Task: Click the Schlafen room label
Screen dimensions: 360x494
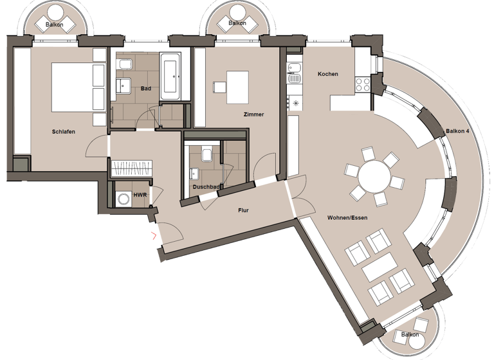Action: click(x=64, y=132)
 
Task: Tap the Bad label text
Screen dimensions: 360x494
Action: click(x=146, y=89)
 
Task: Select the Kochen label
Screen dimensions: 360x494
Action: click(x=327, y=74)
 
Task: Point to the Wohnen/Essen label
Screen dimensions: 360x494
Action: click(x=347, y=217)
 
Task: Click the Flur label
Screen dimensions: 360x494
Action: click(x=243, y=210)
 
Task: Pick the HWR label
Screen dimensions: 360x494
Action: click(x=139, y=194)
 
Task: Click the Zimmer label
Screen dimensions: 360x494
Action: click(x=253, y=114)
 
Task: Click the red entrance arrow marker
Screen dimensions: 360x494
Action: click(x=153, y=235)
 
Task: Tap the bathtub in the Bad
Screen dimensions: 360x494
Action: click(x=170, y=76)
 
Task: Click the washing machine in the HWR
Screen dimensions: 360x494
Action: click(x=122, y=199)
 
